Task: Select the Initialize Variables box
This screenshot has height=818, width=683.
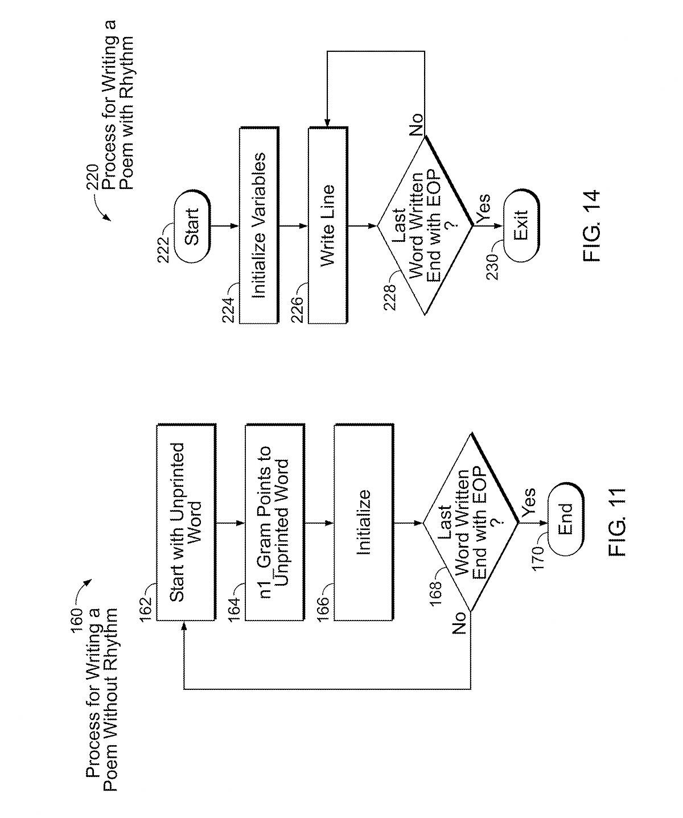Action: coord(258,225)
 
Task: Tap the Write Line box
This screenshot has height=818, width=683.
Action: coord(327,225)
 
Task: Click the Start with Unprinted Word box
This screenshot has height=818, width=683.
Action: coord(186,521)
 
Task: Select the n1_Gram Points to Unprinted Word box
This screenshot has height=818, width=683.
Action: coord(274,521)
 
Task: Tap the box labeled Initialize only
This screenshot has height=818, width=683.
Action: coord(364,521)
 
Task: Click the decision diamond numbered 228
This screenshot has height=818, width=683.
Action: coord(425,225)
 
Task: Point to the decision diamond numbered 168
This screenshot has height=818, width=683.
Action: coord(470,521)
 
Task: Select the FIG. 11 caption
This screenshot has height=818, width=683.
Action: coord(616,521)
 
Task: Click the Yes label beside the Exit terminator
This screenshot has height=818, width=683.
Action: coord(483,208)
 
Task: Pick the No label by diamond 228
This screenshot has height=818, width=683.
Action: coord(415,125)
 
